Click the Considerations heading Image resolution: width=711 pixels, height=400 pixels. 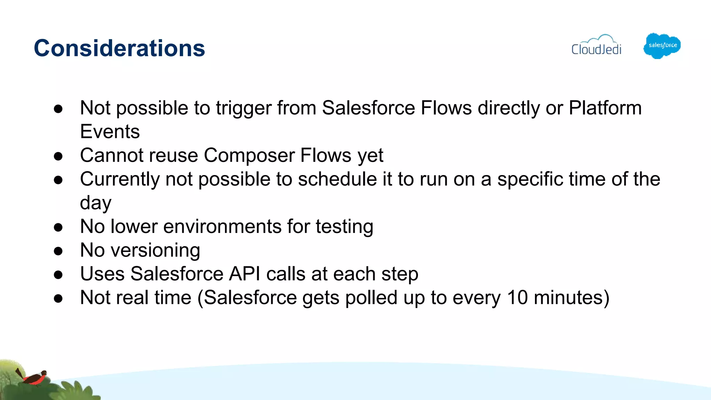[x=119, y=48]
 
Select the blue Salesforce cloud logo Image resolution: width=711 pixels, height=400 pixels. [x=662, y=46]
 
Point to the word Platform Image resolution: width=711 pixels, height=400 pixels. [x=605, y=108]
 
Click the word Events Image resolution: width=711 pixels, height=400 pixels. [x=110, y=132]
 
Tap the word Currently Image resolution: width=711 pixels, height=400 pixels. [x=119, y=180]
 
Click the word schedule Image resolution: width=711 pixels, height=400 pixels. [x=337, y=179]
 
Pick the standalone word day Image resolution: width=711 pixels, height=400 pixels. [x=95, y=203]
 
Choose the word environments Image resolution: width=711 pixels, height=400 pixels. [x=222, y=226]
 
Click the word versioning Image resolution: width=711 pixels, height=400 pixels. [x=155, y=250]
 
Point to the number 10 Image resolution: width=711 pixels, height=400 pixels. [x=517, y=298]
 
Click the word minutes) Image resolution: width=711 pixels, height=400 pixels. [x=571, y=298]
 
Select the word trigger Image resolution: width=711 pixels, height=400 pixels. [x=243, y=108]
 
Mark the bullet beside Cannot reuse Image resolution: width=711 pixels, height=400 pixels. [x=58, y=156]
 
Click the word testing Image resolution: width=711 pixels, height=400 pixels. [x=344, y=227]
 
